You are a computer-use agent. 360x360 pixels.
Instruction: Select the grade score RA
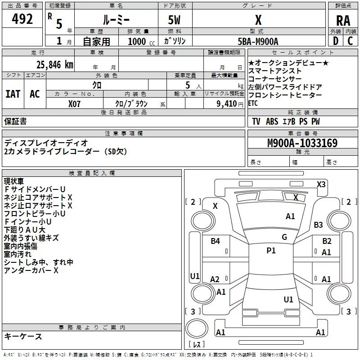343,20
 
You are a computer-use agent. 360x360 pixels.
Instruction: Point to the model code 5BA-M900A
258,41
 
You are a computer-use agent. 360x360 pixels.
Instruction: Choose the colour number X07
75,103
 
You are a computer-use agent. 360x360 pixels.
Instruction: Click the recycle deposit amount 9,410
226,103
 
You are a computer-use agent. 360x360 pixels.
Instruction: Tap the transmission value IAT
13,94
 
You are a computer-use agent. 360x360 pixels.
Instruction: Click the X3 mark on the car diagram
321,184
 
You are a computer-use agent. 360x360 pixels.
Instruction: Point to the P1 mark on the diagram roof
271,251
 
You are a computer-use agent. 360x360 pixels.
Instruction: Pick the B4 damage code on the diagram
215,241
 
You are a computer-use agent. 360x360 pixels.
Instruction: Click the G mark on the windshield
284,237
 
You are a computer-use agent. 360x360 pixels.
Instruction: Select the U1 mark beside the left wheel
194,276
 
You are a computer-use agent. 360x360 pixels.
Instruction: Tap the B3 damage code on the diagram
319,225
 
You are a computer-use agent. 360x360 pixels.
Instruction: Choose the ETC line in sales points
253,103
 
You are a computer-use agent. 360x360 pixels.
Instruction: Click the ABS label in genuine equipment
272,121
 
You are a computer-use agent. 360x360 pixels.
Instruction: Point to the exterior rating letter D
335,40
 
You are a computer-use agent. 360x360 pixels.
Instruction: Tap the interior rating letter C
350,40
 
